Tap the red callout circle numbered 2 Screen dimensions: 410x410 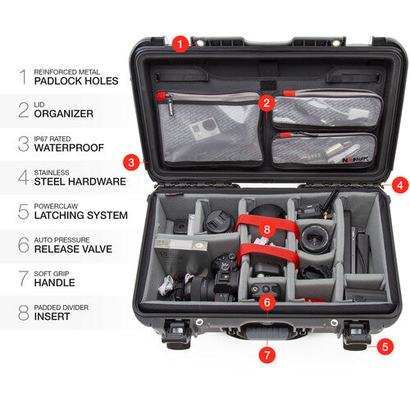[266, 102]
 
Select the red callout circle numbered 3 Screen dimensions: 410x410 [131, 162]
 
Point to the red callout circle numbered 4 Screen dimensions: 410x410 [399, 185]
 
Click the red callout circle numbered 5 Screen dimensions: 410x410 [385, 347]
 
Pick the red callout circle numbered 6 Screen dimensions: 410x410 [266, 302]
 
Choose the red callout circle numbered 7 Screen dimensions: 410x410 [266, 355]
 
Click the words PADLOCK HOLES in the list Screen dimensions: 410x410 [75, 81]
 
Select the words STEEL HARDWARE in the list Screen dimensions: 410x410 [80, 181]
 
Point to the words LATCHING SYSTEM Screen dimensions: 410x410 [80, 215]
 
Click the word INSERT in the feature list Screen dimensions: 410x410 [53, 316]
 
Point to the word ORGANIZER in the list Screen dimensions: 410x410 [65, 115]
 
